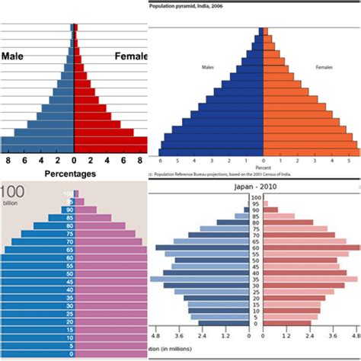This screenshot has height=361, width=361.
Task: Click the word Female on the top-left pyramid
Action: pos(130,56)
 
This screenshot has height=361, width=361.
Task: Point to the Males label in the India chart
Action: pos(207,67)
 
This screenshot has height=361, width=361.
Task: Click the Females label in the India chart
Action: pos(324,67)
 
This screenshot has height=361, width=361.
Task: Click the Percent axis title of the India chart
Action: pos(264,168)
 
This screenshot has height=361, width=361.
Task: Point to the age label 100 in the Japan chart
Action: pos(255,197)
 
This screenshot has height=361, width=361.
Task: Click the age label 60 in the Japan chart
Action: pos(255,248)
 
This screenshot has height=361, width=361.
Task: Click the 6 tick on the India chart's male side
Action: pos(160,161)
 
